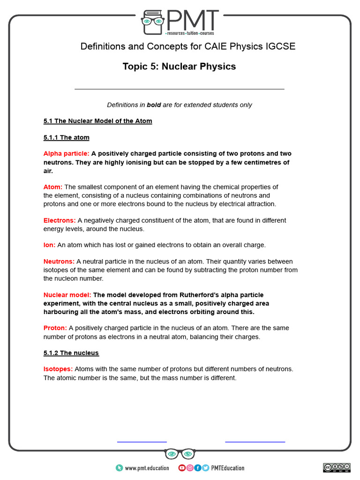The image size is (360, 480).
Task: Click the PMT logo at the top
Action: [180, 22]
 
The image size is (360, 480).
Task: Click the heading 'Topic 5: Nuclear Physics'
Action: [179, 67]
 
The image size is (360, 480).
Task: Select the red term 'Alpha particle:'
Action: [66, 154]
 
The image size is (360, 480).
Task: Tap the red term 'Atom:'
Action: [53, 187]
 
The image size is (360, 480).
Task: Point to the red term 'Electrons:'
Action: [60, 220]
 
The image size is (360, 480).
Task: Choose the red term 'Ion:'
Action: [49, 245]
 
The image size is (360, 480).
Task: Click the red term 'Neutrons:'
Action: [59, 262]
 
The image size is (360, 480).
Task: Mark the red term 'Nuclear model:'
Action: [67, 295]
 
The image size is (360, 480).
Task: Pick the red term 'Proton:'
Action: [55, 328]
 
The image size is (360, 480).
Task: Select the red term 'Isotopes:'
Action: [58, 369]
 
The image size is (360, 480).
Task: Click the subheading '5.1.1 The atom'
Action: [67, 138]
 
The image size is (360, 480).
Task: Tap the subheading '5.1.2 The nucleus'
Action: [71, 352]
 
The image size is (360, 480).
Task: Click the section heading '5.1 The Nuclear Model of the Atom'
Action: [98, 121]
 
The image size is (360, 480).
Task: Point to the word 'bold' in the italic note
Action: [154, 105]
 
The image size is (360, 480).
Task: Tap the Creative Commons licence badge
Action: [336, 467]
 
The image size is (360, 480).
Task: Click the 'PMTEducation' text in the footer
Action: [228, 468]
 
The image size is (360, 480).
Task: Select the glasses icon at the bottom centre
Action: [180, 454]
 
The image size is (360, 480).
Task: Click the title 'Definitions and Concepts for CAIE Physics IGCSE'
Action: [188, 46]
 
